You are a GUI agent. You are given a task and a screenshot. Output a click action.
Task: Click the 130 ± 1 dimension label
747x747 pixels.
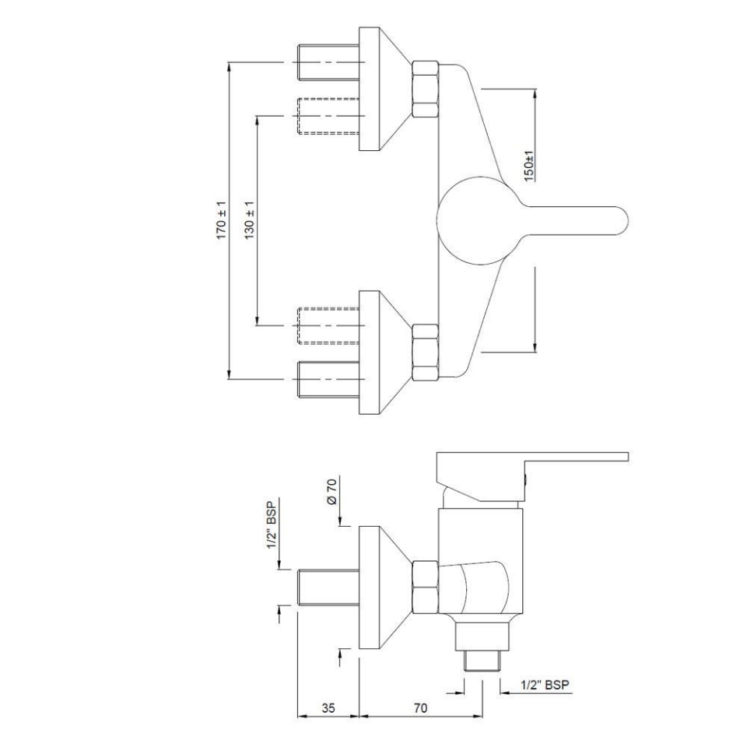pos(250,220)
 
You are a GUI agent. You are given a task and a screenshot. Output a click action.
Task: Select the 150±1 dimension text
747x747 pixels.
pos(529,166)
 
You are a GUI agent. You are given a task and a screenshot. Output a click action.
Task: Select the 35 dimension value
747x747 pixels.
pos(328,710)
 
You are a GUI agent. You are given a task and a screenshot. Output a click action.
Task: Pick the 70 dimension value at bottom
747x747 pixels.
pos(420,710)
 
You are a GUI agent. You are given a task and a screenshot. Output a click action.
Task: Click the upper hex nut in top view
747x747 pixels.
pos(425,89)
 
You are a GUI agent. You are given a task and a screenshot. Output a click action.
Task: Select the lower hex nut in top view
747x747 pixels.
pos(425,352)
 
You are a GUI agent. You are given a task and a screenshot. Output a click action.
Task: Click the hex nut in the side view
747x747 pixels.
pos(425,585)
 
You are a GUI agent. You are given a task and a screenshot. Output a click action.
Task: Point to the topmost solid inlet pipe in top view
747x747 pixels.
pos(327,62)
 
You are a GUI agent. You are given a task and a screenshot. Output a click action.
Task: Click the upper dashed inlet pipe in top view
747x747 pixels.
pos(327,115)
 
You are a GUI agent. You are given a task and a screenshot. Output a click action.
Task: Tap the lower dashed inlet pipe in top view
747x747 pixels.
pos(327,325)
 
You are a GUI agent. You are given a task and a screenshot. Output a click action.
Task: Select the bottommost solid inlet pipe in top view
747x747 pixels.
pos(327,379)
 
